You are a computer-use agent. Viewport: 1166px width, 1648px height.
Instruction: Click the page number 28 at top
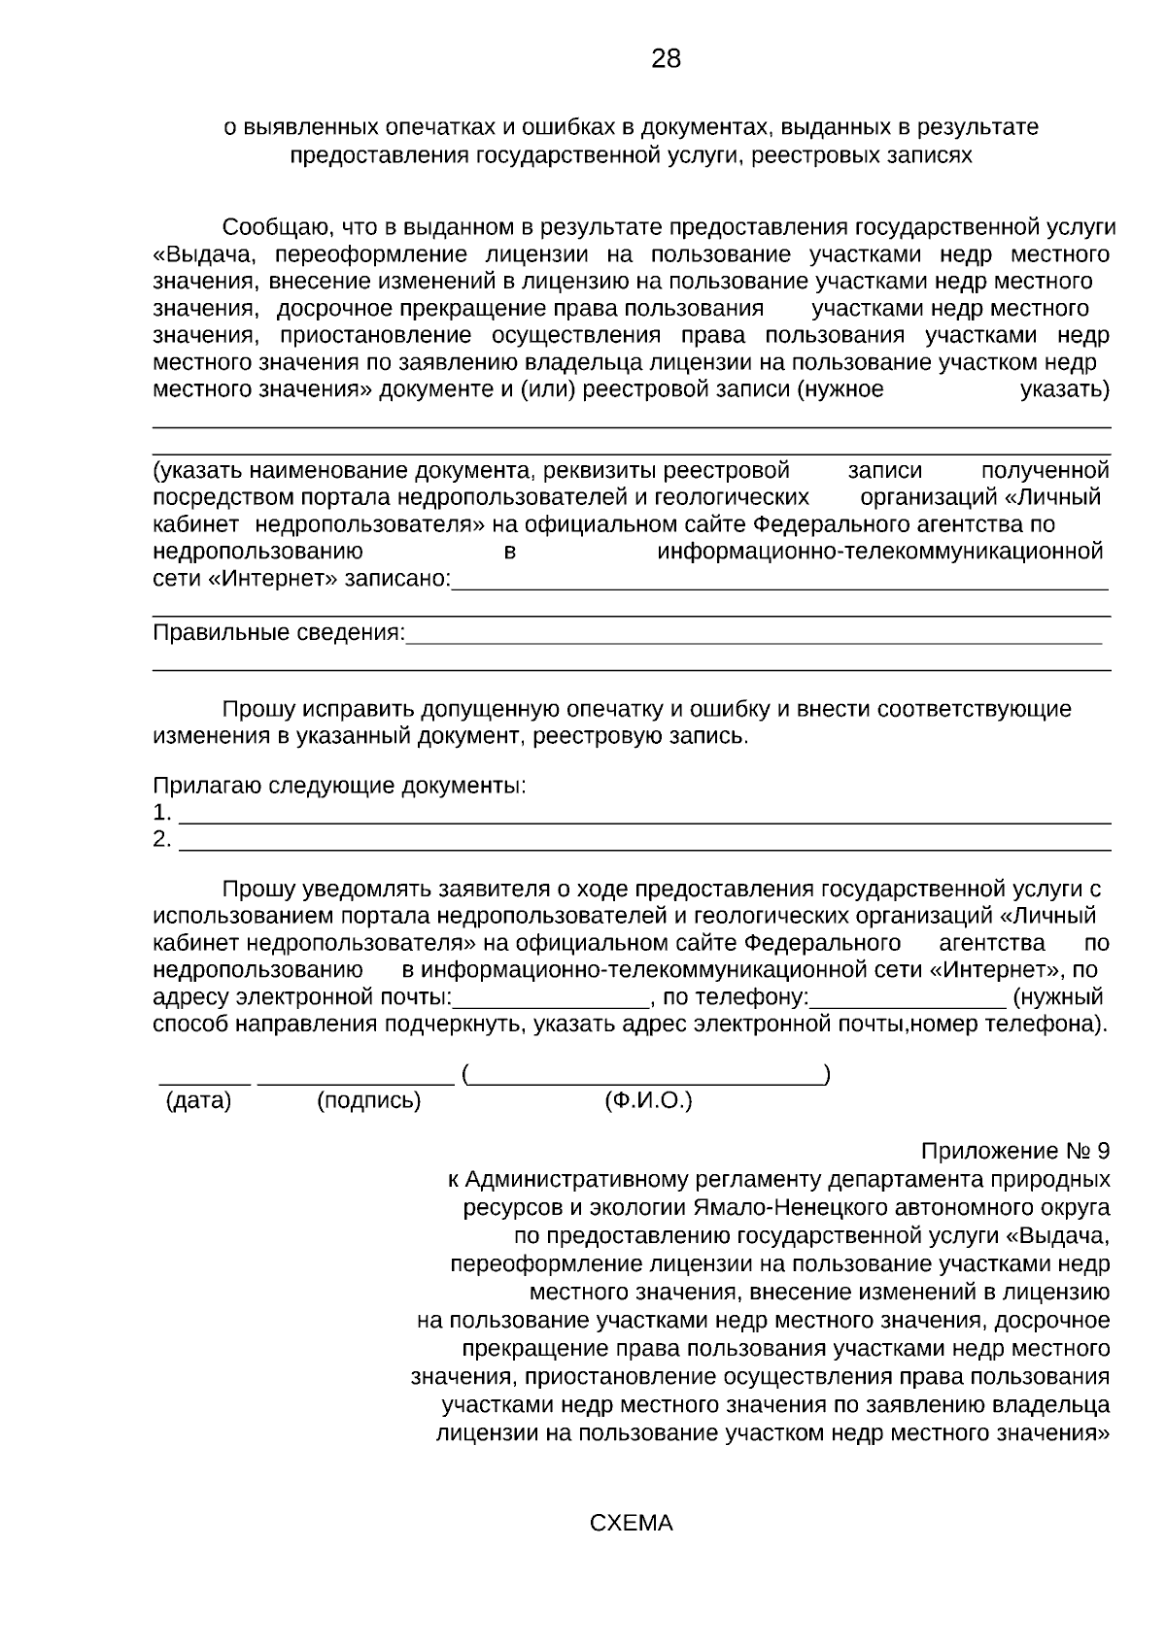(x=666, y=59)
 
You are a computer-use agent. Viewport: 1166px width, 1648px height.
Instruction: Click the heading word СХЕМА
(x=631, y=1523)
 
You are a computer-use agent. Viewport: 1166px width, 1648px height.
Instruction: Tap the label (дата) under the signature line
(x=199, y=1101)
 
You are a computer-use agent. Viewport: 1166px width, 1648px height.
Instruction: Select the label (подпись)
(x=369, y=1101)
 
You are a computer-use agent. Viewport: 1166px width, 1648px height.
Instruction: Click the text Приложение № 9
(x=1014, y=1152)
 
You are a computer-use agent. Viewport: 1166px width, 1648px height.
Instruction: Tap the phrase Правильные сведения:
(x=279, y=633)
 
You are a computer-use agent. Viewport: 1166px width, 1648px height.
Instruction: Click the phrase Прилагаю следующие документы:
(x=339, y=785)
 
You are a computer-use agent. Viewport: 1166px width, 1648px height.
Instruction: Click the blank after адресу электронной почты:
(x=552, y=1004)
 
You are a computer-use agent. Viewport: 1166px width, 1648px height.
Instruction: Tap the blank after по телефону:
(x=908, y=1004)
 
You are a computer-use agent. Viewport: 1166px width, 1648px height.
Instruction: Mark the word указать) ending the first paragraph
(x=1065, y=390)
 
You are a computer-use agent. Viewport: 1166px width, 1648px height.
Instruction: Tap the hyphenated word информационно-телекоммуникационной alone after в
(x=880, y=553)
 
